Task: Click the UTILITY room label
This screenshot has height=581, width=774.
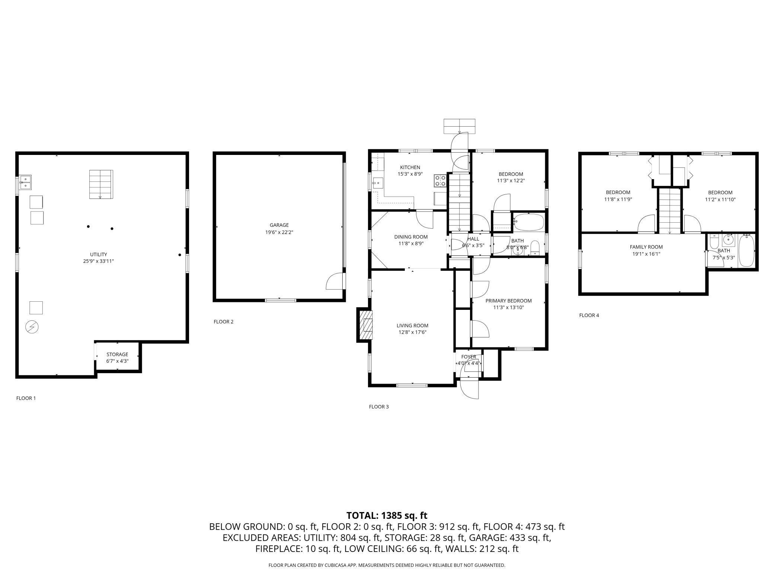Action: tap(99, 254)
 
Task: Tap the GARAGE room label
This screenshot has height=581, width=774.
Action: tap(279, 225)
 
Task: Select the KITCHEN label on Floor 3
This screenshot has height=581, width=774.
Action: tap(410, 167)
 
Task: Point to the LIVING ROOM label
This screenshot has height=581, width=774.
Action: tap(412, 326)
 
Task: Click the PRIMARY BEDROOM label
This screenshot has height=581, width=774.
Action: tap(508, 301)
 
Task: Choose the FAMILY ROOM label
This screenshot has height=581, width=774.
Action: tap(646, 247)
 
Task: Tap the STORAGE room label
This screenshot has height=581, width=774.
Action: tap(117, 354)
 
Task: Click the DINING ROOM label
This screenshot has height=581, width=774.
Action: tap(411, 237)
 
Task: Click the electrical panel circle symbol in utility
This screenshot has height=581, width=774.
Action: tap(32, 327)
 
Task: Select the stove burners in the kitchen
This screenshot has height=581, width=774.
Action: tap(440, 181)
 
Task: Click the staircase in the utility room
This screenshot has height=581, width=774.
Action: tap(101, 184)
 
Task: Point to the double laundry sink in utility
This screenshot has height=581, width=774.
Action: tap(25, 182)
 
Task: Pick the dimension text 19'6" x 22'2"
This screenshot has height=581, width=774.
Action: tap(279, 232)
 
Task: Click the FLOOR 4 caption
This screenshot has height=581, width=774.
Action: tap(589, 315)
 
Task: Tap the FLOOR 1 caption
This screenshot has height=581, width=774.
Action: tap(26, 398)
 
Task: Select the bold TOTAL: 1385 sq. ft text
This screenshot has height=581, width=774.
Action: tap(387, 515)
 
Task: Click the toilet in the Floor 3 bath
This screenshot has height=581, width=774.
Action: tap(535, 247)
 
